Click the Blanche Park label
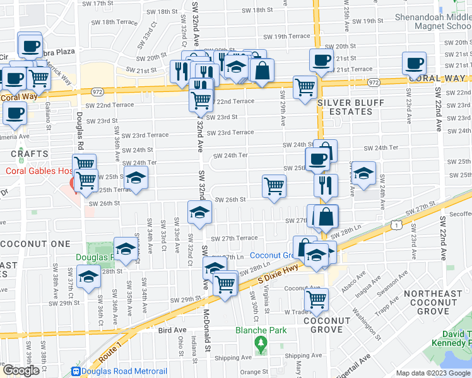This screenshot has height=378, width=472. point(261,330)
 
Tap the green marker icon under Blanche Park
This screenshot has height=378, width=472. point(261,343)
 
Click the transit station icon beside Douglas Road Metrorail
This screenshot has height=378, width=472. point(77,372)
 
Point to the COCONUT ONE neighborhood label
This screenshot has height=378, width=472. point(35,244)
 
